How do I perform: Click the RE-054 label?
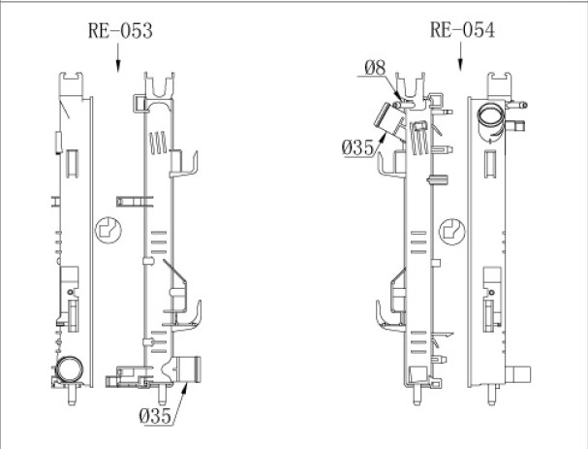(462, 30)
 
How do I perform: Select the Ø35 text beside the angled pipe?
(358, 146)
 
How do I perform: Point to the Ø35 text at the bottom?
(154, 415)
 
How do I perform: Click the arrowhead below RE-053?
(118, 66)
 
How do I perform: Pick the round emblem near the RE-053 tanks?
(108, 230)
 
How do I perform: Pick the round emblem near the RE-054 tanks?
(449, 230)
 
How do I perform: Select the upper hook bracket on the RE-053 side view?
(184, 165)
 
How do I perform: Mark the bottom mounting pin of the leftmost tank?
(73, 395)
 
